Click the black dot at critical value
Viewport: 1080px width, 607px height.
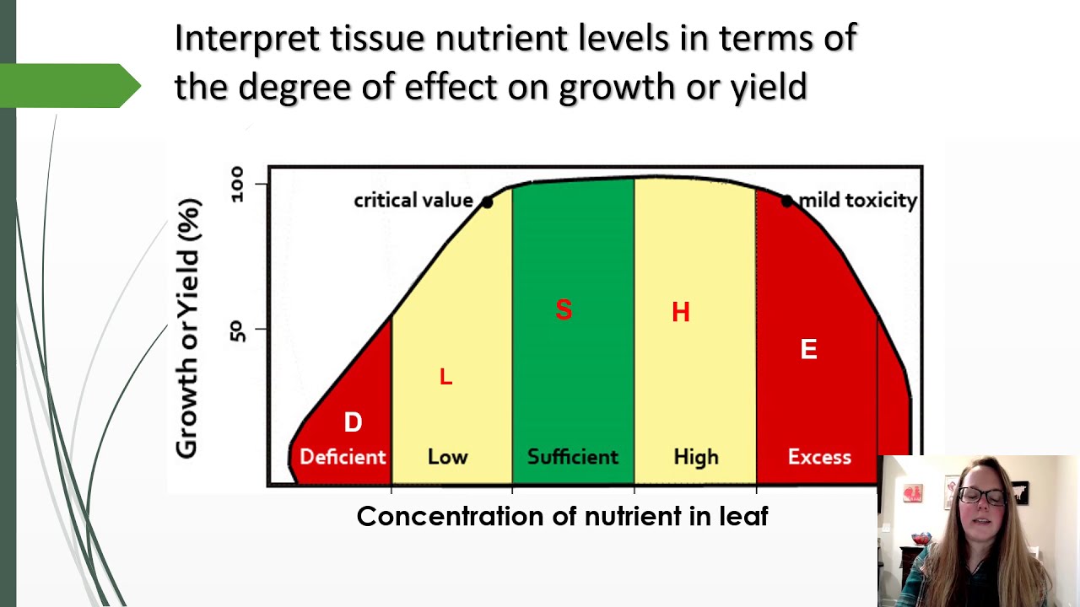(487, 202)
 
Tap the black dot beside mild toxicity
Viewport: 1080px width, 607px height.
(786, 201)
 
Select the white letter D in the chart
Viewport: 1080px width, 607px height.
(353, 422)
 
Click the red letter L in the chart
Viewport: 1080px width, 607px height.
(445, 378)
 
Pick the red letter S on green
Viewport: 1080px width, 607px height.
(564, 310)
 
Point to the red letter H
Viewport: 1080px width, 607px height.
(681, 313)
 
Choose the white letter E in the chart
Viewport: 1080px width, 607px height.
(808, 350)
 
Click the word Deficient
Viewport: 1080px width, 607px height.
(343, 457)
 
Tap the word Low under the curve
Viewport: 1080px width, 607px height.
(447, 457)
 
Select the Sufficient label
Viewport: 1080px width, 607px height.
(573, 457)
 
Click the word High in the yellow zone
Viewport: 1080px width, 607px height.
(696, 457)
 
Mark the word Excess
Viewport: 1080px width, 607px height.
(819, 457)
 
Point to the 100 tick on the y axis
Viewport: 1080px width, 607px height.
(236, 184)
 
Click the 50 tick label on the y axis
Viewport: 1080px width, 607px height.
(236, 329)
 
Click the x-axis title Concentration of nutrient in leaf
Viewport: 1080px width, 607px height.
(562, 516)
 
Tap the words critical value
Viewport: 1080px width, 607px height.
(413, 201)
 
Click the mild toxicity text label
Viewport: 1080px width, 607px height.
(857, 201)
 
